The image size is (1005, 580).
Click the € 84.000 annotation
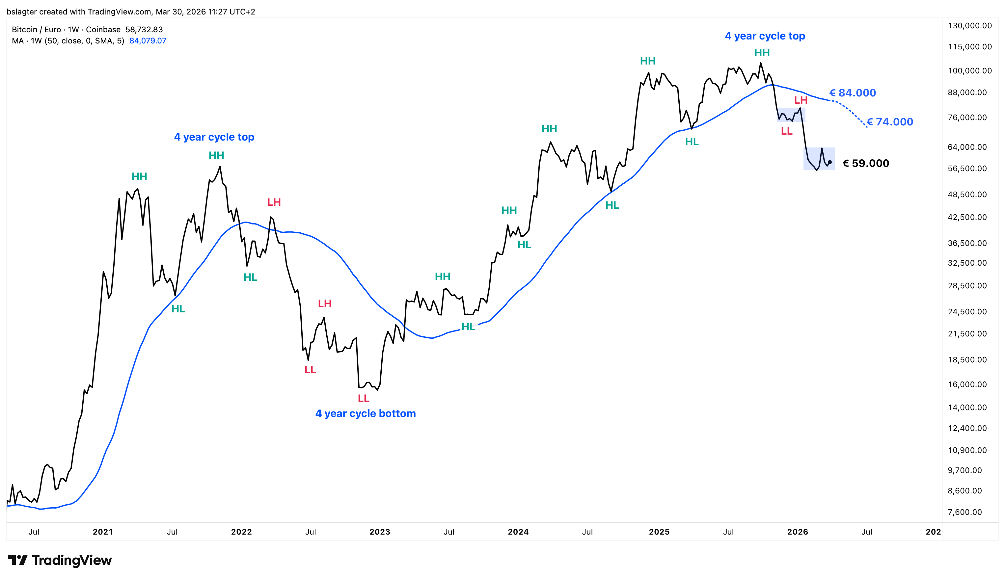853,93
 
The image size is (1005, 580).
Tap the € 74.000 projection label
890,122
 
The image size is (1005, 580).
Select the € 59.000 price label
865,163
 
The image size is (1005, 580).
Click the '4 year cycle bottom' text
366,413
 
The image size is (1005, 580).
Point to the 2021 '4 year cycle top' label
214,137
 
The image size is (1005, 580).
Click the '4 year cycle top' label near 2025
765,36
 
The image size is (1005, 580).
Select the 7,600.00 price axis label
964,512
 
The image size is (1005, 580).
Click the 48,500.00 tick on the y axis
967,195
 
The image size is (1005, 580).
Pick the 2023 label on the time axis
380,532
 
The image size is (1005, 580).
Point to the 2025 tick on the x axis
659,532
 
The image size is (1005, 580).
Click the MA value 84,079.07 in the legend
148,40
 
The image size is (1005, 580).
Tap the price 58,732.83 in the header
144,30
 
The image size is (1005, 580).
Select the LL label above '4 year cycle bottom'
364,398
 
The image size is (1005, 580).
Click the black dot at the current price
830,162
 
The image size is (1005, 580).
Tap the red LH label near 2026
801,100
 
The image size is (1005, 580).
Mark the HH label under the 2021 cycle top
216,155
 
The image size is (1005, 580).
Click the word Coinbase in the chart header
103,30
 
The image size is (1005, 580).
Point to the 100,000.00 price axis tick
969,71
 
